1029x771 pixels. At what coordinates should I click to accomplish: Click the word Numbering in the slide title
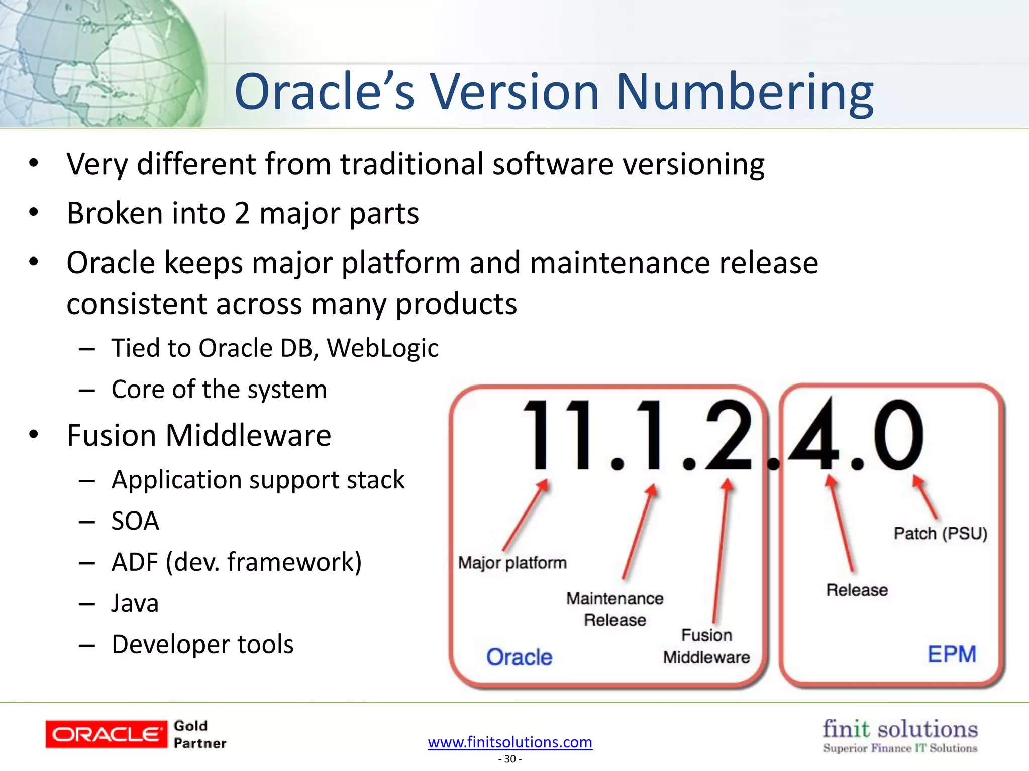point(745,93)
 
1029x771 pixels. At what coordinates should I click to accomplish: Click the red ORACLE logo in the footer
point(106,734)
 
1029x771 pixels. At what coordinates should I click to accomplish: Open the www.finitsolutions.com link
point(510,742)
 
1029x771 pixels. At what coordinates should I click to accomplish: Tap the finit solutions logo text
point(900,729)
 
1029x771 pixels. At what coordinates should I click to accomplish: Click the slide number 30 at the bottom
point(510,759)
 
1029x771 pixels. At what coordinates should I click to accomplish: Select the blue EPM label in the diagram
point(952,654)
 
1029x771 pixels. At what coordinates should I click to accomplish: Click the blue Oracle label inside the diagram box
point(519,657)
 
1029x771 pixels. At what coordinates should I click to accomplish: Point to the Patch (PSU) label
point(940,533)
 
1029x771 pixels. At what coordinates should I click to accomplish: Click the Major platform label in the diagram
point(512,563)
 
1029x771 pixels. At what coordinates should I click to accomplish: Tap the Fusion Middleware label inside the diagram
point(706,646)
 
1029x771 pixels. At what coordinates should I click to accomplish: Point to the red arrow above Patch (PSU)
point(925,497)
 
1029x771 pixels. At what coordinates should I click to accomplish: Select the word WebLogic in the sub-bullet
point(383,348)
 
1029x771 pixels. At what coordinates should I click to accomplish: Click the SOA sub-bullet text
point(135,521)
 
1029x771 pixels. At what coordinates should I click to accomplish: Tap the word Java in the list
point(135,603)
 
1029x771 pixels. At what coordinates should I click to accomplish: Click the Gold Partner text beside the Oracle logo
point(199,734)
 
